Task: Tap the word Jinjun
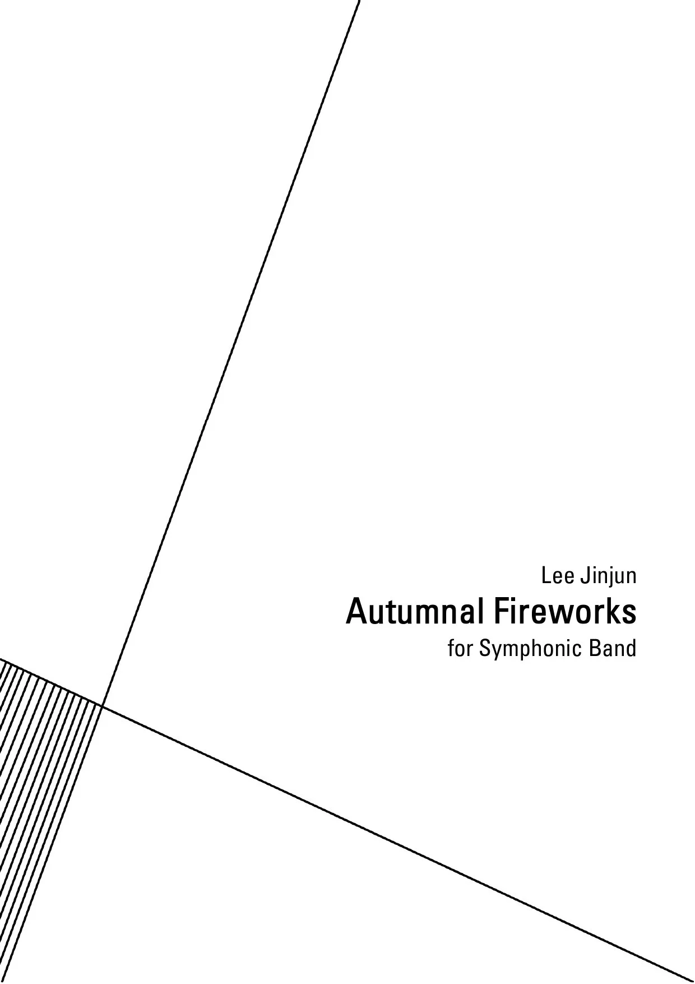click(608, 577)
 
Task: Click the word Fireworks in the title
click(564, 612)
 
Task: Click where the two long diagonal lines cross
click(102, 705)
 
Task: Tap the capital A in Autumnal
click(356, 612)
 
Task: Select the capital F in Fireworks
click(500, 612)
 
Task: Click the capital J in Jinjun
click(585, 576)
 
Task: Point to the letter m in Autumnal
click(421, 615)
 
